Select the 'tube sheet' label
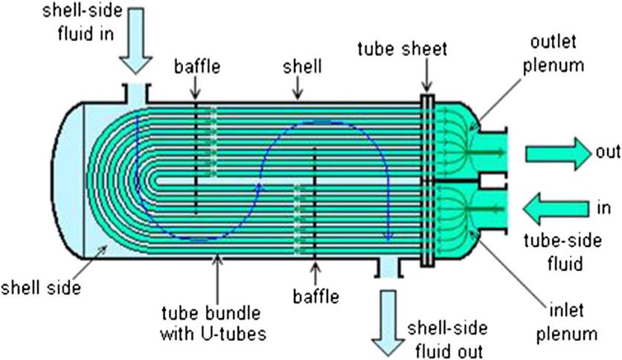(402, 49)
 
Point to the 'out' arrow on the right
(557, 152)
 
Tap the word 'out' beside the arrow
(607, 152)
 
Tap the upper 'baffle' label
(197, 66)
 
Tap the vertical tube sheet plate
(428, 179)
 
